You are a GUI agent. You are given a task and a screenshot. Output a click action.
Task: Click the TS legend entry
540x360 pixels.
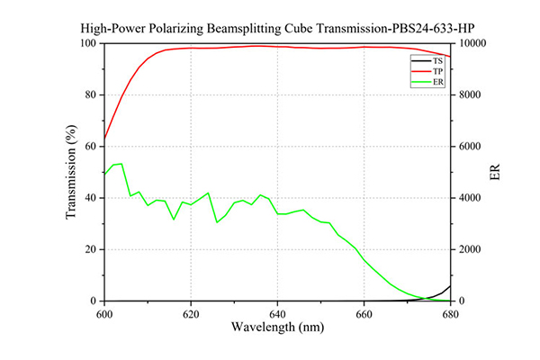pos(427,61)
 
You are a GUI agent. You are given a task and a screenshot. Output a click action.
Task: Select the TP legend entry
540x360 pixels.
pos(427,72)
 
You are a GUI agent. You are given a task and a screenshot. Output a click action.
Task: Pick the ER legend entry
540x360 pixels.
pos(427,82)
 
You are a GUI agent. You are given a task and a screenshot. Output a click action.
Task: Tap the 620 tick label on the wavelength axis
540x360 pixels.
pos(191,314)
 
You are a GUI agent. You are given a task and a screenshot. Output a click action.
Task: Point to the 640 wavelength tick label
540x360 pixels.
pos(277,314)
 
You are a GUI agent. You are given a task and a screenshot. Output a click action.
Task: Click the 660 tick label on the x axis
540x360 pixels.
pos(364,314)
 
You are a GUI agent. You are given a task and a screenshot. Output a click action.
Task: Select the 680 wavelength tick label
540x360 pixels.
pos(451,314)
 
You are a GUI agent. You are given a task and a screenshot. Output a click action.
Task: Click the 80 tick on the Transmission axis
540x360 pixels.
pos(91,94)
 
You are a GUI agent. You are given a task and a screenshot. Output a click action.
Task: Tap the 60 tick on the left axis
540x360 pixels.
pos(91,147)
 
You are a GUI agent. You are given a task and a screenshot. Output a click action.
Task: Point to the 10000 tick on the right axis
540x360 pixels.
pos(473,43)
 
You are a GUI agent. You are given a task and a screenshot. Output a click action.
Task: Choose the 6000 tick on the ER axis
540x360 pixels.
pos(470,147)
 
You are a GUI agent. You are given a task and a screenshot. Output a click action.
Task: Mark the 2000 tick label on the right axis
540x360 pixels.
pos(470,249)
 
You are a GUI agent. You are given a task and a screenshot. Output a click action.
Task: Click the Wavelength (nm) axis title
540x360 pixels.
pos(277,327)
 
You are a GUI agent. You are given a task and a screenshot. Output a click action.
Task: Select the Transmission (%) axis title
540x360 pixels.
pos(71,172)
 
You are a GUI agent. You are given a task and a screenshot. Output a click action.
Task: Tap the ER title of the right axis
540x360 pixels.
pos(494,172)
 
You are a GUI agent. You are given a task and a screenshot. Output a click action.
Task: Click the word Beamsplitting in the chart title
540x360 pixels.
pos(244,28)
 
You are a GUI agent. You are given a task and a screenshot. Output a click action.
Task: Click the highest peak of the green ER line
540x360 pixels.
pos(121,164)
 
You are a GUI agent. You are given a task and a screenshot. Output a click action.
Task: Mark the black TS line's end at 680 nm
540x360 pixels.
pos(450,286)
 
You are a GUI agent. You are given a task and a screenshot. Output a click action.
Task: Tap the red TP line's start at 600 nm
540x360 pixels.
pos(104,139)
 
